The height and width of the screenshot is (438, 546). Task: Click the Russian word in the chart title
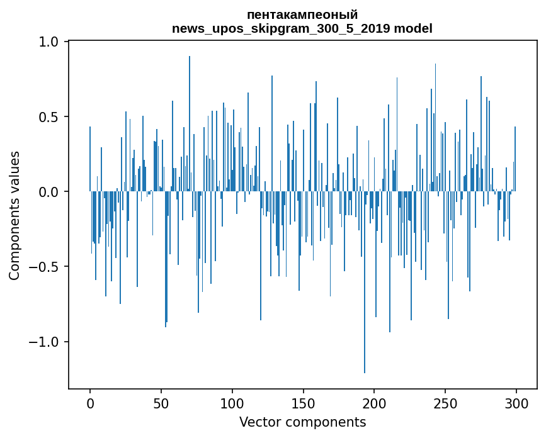tap(302, 14)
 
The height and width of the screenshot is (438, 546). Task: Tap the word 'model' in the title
tap(414, 28)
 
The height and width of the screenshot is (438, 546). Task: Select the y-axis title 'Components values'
tap(14, 215)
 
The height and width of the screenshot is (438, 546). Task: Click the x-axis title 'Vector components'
tap(302, 422)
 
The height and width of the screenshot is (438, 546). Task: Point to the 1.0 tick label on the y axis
tap(50, 42)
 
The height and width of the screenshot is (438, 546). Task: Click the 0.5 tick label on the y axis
tap(50, 117)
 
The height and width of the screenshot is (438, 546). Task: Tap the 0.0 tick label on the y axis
tap(50, 192)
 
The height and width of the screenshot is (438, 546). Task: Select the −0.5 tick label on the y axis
tap(45, 267)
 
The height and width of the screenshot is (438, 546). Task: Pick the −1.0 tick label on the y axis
tap(45, 342)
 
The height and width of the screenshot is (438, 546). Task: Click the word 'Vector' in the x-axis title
tap(258, 422)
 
